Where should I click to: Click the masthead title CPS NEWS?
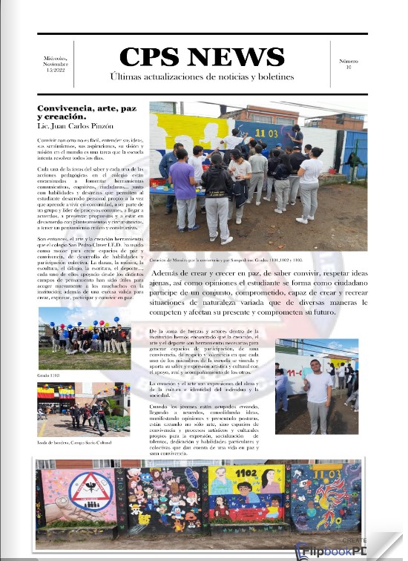pyautogui.click(x=202, y=57)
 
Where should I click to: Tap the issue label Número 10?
pyautogui.click(x=348, y=65)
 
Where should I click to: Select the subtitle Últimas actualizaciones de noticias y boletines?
pyautogui.click(x=202, y=77)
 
